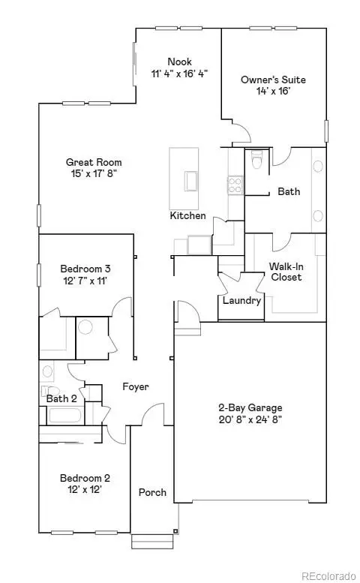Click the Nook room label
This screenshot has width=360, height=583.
click(x=179, y=62)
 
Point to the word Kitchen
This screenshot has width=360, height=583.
click(x=187, y=215)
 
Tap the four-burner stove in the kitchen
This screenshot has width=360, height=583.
click(x=235, y=185)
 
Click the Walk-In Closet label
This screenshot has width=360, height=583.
click(x=286, y=272)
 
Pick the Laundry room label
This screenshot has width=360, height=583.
click(x=242, y=301)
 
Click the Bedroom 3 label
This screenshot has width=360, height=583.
click(x=86, y=269)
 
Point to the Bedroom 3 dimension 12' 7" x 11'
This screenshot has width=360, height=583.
click(x=86, y=281)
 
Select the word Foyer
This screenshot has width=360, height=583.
click(x=136, y=387)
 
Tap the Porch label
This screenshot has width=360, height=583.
click(x=152, y=493)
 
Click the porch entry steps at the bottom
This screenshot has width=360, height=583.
click(x=151, y=541)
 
